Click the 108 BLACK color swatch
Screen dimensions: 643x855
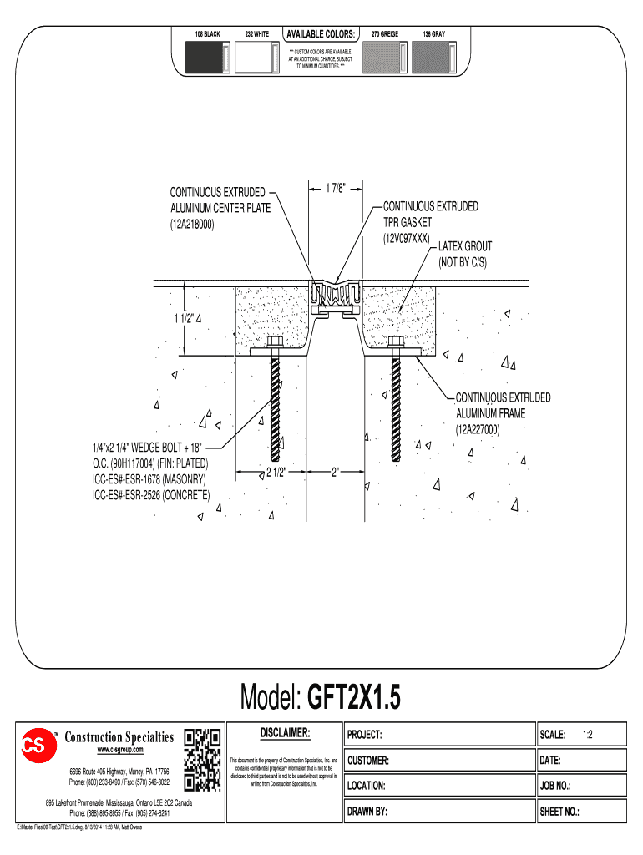tap(208, 58)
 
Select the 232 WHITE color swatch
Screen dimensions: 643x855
tap(257, 58)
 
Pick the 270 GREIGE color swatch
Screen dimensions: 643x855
tap(385, 58)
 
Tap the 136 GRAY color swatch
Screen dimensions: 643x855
tap(434, 58)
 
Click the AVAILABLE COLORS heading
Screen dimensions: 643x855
tap(321, 33)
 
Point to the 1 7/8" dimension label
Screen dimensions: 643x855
tap(336, 188)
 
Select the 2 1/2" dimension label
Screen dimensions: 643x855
tap(276, 473)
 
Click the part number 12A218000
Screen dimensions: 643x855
tap(192, 224)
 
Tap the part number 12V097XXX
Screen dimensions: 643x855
tap(407, 238)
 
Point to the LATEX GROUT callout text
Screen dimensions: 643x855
tap(465, 246)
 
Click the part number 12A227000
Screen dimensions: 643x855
tap(478, 429)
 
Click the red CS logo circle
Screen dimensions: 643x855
tap(38, 745)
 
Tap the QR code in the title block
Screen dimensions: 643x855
tap(202, 760)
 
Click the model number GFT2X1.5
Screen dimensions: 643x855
tap(354, 697)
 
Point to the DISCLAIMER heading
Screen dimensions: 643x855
tap(285, 733)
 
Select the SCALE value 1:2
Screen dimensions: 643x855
tap(587, 735)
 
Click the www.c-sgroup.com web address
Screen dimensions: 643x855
tap(120, 750)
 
